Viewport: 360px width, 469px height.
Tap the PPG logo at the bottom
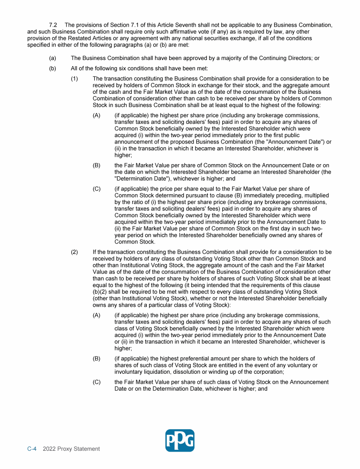click(x=180, y=440)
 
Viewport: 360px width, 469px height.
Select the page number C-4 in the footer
click(x=32, y=449)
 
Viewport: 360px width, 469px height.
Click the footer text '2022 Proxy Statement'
click(x=71, y=449)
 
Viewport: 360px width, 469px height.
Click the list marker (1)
click(x=74, y=78)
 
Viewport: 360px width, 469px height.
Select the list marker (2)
click(x=74, y=252)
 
